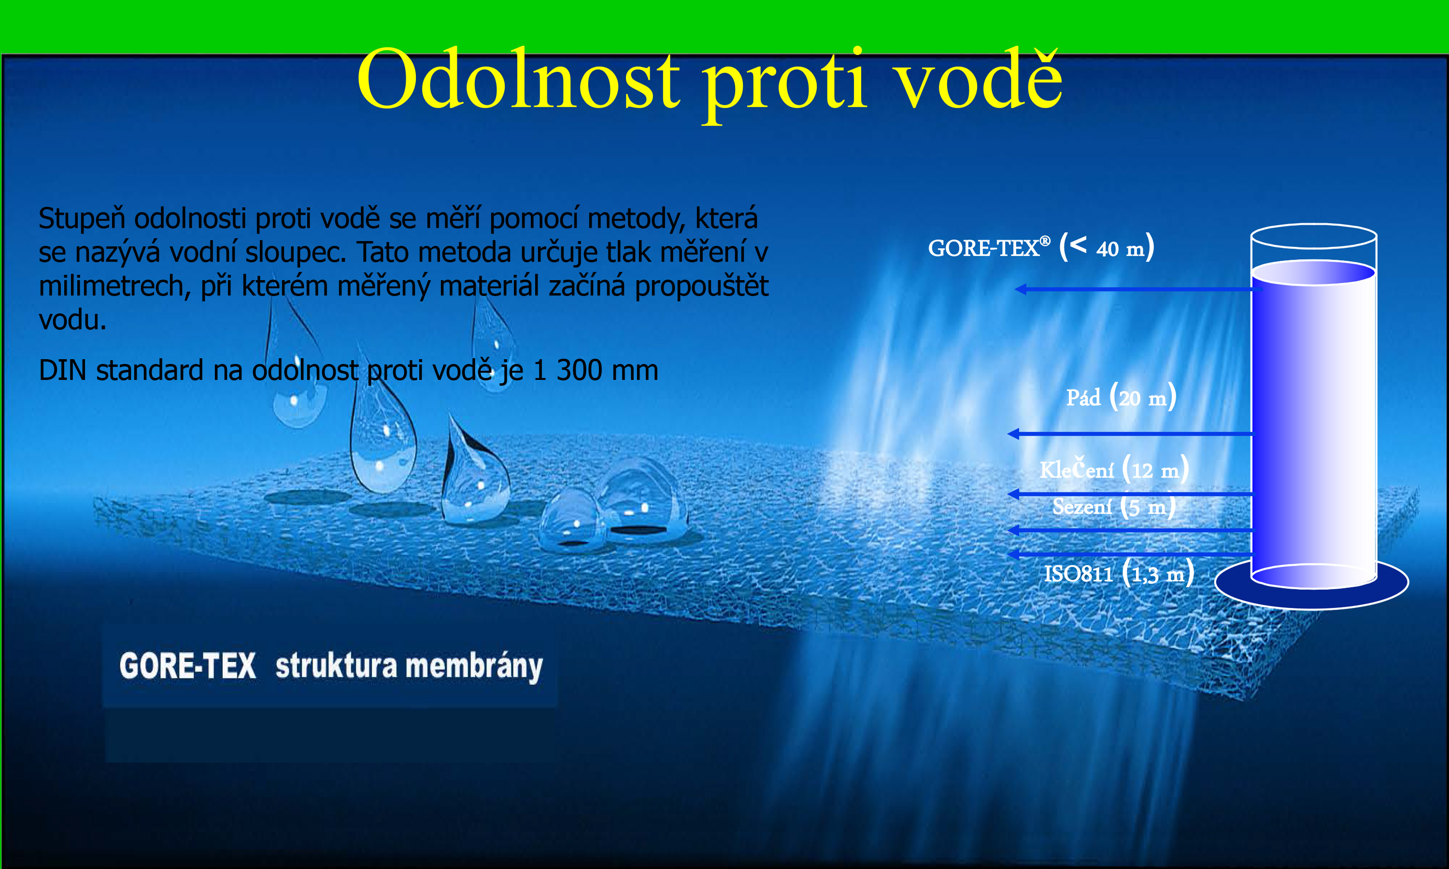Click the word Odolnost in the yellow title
pyautogui.click(x=519, y=79)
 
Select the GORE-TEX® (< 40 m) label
pyautogui.click(x=1041, y=247)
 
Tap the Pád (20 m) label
pyautogui.click(x=1121, y=396)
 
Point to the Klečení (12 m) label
pyautogui.click(x=1114, y=468)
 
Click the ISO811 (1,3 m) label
pyautogui.click(x=1119, y=573)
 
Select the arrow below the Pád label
pyautogui.click(x=1130, y=434)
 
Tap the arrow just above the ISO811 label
pyautogui.click(x=1130, y=553)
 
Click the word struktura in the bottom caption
pyautogui.click(x=336, y=666)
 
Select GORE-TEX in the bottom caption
pyautogui.click(x=187, y=666)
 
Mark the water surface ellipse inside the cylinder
pyautogui.click(x=1313, y=272)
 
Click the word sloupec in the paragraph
pyautogui.click(x=295, y=253)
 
